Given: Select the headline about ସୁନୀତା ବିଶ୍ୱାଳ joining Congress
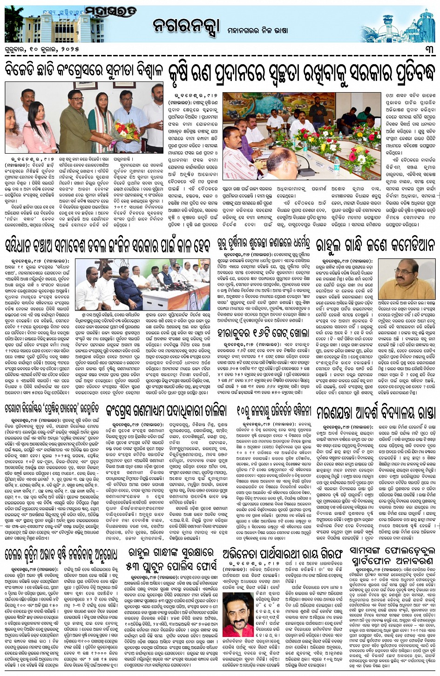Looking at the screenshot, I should click(84, 72).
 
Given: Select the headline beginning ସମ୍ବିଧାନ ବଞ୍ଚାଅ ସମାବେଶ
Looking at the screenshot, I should click(108, 245).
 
